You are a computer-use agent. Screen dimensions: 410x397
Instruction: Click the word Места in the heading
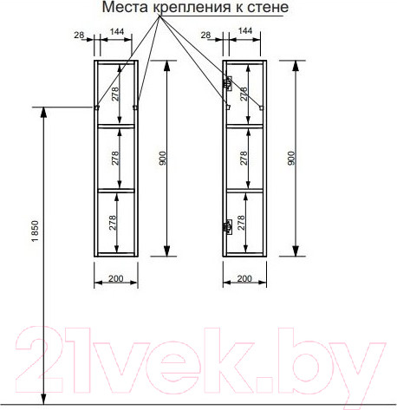(x=122, y=8)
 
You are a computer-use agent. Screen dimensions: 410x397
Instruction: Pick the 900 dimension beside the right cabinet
(x=292, y=159)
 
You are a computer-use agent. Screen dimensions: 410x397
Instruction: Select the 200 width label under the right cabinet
(x=244, y=279)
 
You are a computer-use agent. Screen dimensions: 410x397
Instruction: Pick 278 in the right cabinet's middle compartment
(x=244, y=159)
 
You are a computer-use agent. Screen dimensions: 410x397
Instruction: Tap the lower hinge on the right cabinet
(x=228, y=228)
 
